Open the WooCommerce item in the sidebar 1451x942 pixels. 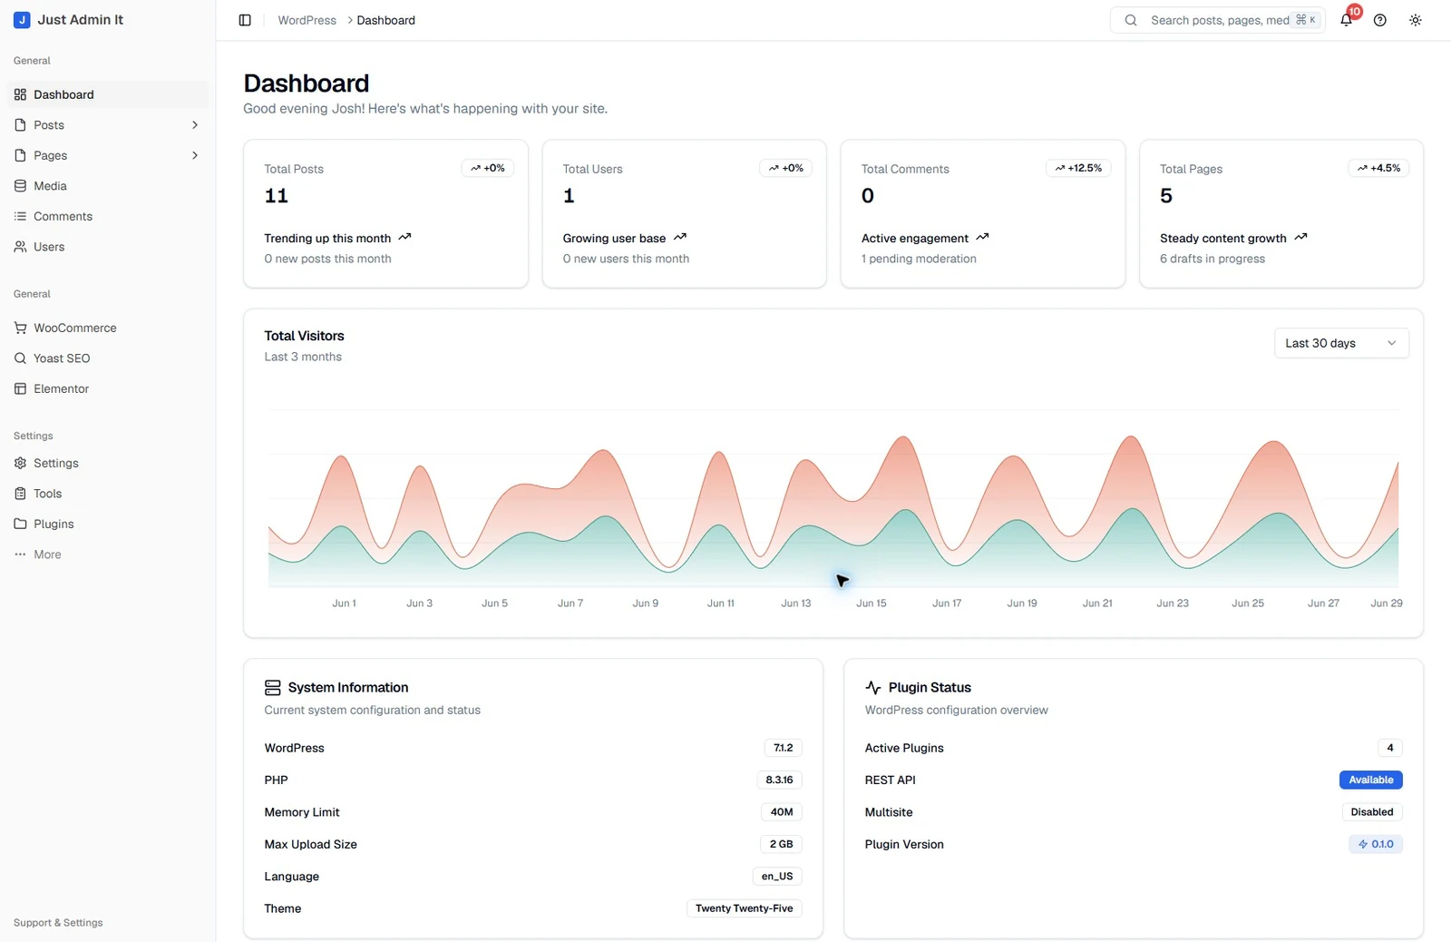pos(64,328)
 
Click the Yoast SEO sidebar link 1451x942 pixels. pos(52,358)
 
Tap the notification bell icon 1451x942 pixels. pos(1346,20)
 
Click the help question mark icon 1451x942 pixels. pos(1379,20)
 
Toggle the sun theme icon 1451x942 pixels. pos(1416,20)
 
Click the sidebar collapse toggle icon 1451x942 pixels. pos(245,20)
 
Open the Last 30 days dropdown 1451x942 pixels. pos(1341,343)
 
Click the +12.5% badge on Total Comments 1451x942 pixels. pos(1078,168)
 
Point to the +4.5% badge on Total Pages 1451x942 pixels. pos(1378,168)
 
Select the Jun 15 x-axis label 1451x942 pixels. pos(871,603)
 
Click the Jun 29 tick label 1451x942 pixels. pos(1387,603)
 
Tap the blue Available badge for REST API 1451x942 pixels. pos(1370,780)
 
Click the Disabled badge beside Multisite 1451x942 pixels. pos(1372,811)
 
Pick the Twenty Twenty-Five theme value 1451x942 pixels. pos(745,908)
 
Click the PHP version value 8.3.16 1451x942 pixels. pos(779,780)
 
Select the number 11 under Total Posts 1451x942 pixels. pos(276,195)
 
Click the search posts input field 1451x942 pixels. pos(1218,20)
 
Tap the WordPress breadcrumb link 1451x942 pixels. pos(307,20)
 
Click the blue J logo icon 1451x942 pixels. pos(22,20)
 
